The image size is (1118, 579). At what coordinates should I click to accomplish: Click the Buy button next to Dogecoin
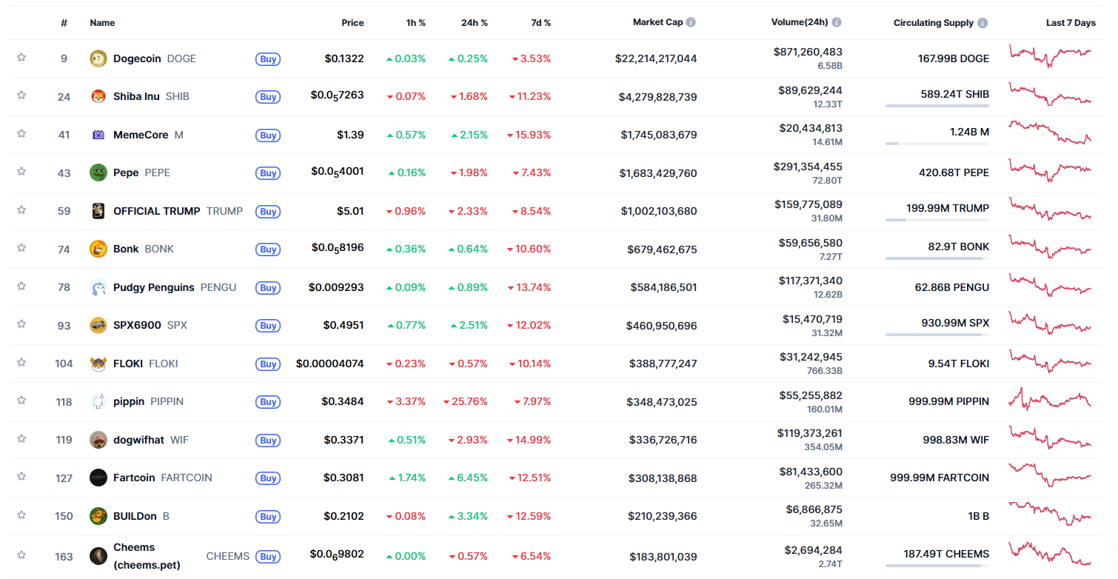(268, 59)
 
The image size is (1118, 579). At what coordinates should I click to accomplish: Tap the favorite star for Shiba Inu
(21, 96)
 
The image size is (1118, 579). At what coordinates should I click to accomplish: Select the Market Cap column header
(657, 22)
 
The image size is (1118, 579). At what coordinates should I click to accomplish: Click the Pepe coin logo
(98, 173)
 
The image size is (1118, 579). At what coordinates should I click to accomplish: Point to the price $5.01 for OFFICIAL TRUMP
(350, 211)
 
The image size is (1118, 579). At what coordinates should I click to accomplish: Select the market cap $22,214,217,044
(656, 58)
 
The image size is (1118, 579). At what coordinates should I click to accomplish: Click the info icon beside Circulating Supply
(983, 23)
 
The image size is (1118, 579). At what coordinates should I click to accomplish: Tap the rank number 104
(64, 364)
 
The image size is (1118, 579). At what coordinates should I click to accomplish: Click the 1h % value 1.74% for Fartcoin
(409, 478)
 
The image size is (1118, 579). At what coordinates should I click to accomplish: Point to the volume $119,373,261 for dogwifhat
(809, 433)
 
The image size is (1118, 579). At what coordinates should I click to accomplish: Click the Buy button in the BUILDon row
(268, 517)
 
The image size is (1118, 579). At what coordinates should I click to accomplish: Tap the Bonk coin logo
(98, 249)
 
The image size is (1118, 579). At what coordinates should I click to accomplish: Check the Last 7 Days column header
(1070, 23)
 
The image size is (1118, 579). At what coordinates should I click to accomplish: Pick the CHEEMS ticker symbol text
(227, 556)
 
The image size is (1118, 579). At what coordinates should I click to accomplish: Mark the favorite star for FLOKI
(21, 362)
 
